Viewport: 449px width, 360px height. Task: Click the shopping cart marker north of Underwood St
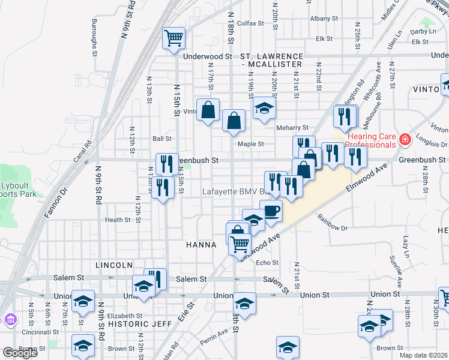tap(173, 38)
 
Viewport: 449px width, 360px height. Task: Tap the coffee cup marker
tap(271, 211)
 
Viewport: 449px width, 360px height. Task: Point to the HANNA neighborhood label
tap(201, 245)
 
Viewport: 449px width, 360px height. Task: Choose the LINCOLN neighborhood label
tap(113, 265)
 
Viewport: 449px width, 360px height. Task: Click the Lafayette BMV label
tap(233, 191)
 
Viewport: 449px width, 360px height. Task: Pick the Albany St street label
tap(325, 19)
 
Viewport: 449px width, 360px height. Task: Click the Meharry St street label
tap(292, 128)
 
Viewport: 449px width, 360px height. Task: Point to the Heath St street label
tap(118, 220)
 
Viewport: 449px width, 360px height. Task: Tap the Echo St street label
tap(267, 263)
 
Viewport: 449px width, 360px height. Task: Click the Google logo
tap(20, 353)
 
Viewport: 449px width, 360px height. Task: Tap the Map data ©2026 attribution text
tap(423, 355)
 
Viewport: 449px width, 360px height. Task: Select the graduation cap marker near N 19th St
tap(263, 108)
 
